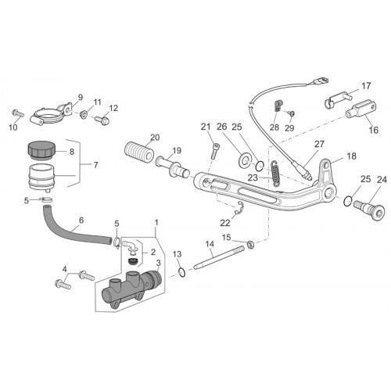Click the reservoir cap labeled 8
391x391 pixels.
pyautogui.click(x=41, y=150)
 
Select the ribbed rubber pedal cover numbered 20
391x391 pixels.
pyautogui.click(x=138, y=152)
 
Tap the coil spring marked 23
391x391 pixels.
pyautogui.click(x=275, y=173)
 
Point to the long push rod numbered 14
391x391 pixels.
pyautogui.click(x=220, y=258)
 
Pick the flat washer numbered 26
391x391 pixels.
pyautogui.click(x=245, y=160)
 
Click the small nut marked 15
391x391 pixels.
pyautogui.click(x=250, y=245)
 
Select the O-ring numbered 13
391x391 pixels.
pyautogui.click(x=182, y=272)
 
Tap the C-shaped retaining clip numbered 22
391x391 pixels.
pyautogui.click(x=239, y=208)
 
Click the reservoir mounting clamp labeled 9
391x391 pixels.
pyautogui.click(x=52, y=115)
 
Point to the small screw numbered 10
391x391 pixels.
pyautogui.click(x=18, y=113)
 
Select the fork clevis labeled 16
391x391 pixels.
pyautogui.click(x=362, y=108)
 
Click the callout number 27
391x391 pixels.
pyautogui.click(x=319, y=145)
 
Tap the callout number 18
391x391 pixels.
pyautogui.click(x=351, y=156)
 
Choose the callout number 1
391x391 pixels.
pyautogui.click(x=156, y=223)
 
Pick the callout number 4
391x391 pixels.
pyautogui.click(x=64, y=268)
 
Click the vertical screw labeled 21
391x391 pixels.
pyautogui.click(x=214, y=150)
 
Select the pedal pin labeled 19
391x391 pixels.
pyautogui.click(x=173, y=167)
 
